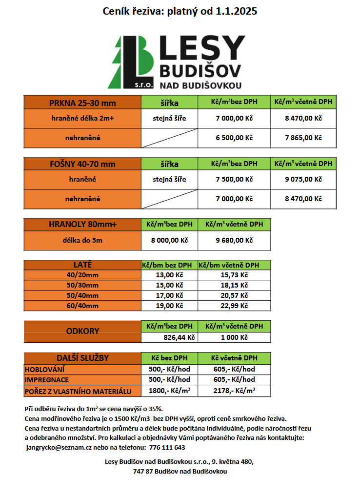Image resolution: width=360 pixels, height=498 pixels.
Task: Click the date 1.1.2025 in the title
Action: [x=236, y=11]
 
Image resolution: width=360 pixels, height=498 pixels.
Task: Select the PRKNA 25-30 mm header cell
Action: [x=82, y=103]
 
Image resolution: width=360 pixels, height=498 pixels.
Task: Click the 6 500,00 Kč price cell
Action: [x=234, y=138]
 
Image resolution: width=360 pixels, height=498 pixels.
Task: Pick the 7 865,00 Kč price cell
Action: [x=303, y=138]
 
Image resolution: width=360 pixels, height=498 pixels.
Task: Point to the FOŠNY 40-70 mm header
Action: [x=82, y=164]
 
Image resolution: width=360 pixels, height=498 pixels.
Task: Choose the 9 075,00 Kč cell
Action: [x=303, y=179]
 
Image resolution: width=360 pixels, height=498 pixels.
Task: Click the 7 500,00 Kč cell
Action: [x=234, y=179]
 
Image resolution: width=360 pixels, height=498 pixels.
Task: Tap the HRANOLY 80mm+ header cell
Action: [x=82, y=225]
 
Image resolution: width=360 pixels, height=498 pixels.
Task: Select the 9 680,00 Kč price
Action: [x=234, y=240]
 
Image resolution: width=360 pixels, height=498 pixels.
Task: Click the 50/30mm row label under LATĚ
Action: [x=82, y=285]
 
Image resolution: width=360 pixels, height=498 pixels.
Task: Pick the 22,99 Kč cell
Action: [x=234, y=306]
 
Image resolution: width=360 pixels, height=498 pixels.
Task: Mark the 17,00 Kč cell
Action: [x=169, y=295]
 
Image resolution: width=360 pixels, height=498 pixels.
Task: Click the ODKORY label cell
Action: [x=82, y=331]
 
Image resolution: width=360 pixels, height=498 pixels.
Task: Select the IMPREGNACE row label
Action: [x=47, y=379]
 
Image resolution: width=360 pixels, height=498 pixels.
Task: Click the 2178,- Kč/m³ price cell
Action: [x=234, y=391]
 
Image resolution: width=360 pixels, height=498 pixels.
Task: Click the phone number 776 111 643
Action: [x=167, y=447]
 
